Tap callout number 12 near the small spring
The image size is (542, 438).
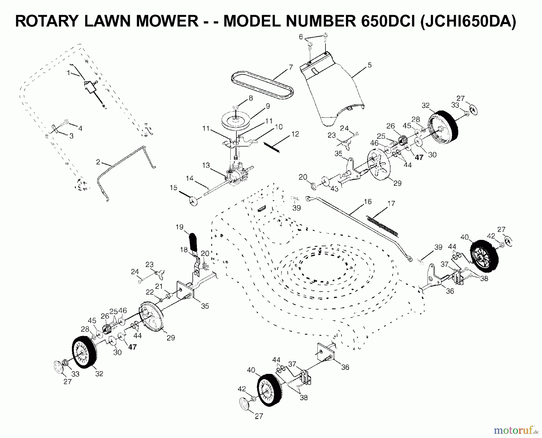point(295,134)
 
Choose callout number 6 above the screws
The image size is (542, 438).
point(301,37)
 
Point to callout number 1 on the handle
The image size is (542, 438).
point(68,73)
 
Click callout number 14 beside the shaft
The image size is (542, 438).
point(189,178)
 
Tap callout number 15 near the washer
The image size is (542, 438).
point(173,188)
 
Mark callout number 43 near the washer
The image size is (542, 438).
point(334,189)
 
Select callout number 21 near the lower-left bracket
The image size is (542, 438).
point(159,286)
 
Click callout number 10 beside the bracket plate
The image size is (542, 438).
point(279,127)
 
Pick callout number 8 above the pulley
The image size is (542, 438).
point(251,98)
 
